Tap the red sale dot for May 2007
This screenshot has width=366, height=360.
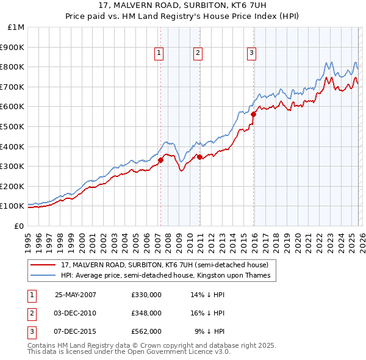[x=161, y=160]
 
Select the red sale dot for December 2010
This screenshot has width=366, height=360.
[x=199, y=157]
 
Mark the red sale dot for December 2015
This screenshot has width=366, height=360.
[x=253, y=113]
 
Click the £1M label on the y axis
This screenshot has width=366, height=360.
[x=16, y=27]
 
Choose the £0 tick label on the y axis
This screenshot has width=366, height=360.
[x=20, y=226]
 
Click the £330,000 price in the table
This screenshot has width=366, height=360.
[x=146, y=295]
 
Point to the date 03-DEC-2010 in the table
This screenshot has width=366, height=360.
[x=75, y=313]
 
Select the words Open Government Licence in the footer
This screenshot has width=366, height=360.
[x=173, y=351]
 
